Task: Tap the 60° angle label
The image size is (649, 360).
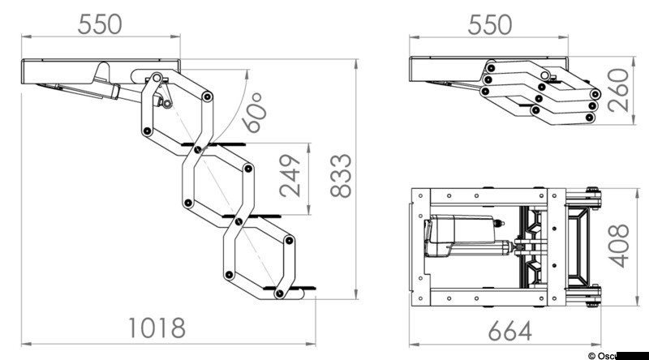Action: click(254, 112)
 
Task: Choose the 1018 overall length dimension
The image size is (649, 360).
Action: click(157, 328)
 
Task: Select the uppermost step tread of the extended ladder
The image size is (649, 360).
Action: click(213, 145)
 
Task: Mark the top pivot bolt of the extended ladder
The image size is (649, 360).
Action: click(154, 78)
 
